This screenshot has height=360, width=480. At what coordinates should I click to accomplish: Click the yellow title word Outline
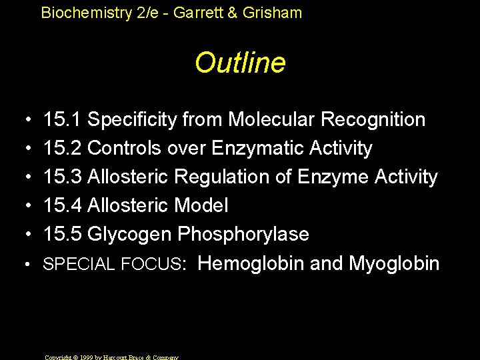click(240, 63)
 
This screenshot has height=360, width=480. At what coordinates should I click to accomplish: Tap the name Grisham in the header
click(275, 12)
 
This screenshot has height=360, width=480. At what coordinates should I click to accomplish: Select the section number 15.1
click(62, 119)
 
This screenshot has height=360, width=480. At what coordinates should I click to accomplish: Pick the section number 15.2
click(62, 148)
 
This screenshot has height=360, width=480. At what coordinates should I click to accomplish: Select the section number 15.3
click(62, 177)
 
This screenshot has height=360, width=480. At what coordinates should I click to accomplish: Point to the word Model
click(201, 205)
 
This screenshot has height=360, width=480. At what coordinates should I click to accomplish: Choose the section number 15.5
click(62, 234)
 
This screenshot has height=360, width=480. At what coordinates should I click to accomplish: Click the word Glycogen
click(129, 235)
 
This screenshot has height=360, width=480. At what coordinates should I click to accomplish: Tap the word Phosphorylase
click(243, 235)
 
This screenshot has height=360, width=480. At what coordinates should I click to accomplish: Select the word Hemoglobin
click(251, 263)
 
